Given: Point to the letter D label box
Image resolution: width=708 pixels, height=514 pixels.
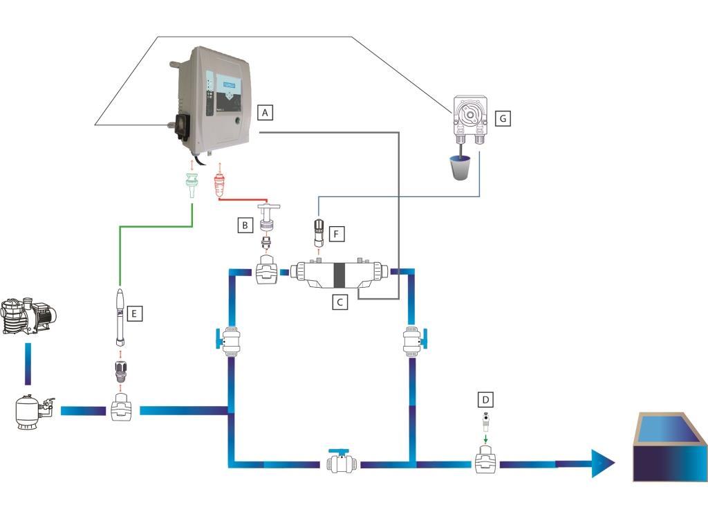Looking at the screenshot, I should (x=487, y=400).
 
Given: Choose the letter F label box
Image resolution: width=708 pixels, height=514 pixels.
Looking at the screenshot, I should (x=335, y=235).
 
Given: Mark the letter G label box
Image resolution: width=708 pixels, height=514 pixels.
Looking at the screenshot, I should (x=503, y=118).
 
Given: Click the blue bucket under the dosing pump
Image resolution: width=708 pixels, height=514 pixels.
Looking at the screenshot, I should (x=460, y=166).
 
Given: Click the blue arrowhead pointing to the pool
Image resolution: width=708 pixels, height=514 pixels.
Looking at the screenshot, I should (x=599, y=461).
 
